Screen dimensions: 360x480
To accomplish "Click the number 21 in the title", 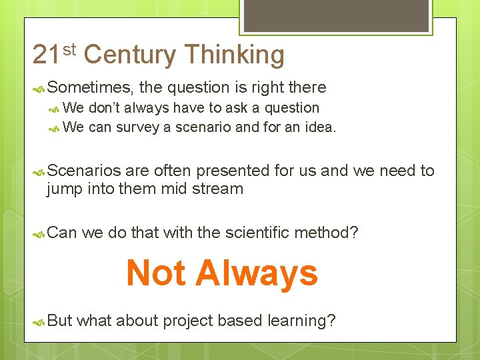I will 46,55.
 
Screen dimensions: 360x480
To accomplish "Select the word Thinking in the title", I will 234,55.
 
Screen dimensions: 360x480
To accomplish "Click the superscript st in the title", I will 70,49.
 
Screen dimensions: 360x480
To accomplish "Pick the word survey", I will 138,127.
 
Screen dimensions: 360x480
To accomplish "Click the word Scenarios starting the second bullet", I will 84,171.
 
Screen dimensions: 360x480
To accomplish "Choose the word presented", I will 233,171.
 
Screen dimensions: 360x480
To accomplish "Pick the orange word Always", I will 257,273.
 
